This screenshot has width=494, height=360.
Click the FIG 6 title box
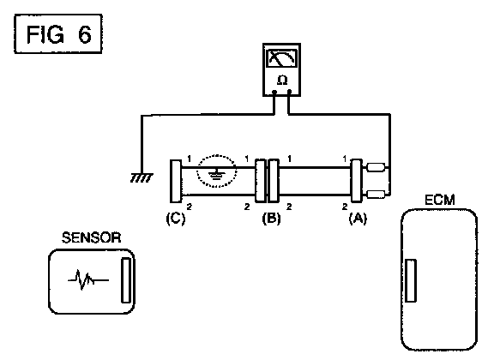(x=58, y=33)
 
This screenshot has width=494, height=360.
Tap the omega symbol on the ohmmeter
(x=282, y=81)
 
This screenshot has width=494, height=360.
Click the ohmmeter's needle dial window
(x=281, y=58)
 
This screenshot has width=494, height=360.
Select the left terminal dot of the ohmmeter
(x=274, y=93)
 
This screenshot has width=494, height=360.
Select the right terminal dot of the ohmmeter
(x=290, y=92)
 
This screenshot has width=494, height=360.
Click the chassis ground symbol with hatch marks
(x=142, y=177)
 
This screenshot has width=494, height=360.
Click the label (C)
(x=176, y=219)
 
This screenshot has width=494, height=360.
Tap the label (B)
(x=271, y=218)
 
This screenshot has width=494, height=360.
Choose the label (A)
(x=358, y=218)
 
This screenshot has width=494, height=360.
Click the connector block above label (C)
(x=176, y=181)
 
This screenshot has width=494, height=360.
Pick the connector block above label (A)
(x=356, y=180)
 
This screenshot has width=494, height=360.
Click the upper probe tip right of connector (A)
(x=376, y=167)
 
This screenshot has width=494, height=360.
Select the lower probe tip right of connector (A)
(x=376, y=195)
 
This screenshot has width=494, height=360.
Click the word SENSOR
(x=92, y=237)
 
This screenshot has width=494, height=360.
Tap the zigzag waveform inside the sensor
(x=88, y=279)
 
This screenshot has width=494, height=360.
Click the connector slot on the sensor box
(x=126, y=280)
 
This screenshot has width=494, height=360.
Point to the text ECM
(x=440, y=201)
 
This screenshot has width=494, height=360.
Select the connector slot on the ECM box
(x=411, y=280)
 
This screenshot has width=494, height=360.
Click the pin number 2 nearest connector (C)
(x=190, y=207)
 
